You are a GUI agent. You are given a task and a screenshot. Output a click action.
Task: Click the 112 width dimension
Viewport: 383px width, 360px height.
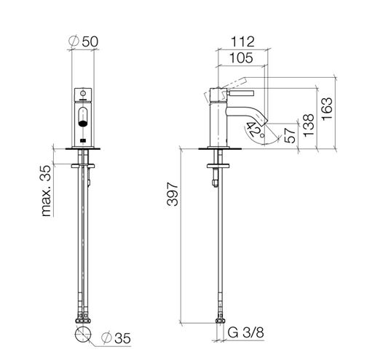tap(242, 41)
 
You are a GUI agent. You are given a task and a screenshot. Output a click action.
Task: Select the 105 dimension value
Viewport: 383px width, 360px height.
tap(241, 58)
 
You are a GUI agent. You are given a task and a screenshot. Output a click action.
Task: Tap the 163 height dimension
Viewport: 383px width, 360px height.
tap(328, 108)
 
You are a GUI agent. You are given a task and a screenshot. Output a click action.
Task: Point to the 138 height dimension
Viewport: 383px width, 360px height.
tap(309, 125)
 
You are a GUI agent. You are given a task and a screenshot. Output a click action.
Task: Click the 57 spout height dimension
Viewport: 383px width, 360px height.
tap(291, 135)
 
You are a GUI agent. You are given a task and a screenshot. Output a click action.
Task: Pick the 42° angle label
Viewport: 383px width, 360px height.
tap(255, 129)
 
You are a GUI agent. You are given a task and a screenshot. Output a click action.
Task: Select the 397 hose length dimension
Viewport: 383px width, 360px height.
tap(173, 194)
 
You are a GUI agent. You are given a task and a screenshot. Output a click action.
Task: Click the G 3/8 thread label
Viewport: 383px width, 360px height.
tap(245, 332)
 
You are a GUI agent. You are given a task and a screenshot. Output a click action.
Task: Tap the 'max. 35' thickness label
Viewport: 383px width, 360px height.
tap(47, 191)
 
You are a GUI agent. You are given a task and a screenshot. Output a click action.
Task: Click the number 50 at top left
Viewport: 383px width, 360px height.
tap(90, 41)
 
